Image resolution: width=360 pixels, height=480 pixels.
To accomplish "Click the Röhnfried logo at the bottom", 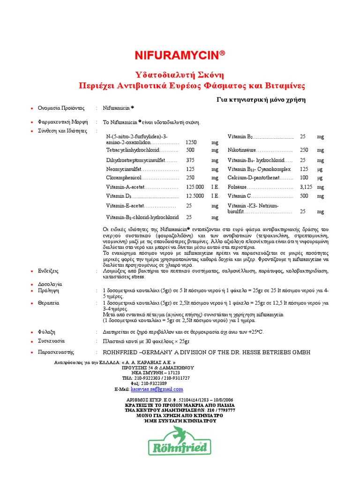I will pos(178,446).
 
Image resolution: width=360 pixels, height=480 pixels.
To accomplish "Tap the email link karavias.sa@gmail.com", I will pos(157,389).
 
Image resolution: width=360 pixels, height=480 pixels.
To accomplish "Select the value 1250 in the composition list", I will pos(191,142).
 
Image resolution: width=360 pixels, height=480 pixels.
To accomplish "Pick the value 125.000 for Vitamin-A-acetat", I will pos(195,187).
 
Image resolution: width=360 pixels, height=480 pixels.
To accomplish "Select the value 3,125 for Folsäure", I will pos(307,187).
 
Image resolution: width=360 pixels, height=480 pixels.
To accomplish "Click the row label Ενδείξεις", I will pos(48,271).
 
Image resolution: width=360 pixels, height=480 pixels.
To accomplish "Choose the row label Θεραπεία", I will pos(49,303).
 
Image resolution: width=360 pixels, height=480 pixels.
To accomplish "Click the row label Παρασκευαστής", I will pos(55,352).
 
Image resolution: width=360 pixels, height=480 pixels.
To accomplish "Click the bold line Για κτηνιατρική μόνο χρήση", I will pos(261,99).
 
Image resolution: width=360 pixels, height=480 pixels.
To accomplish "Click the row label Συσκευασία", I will pos(52,341).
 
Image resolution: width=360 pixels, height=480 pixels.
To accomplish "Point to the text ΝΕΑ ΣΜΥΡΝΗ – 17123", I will pos(156,373).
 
